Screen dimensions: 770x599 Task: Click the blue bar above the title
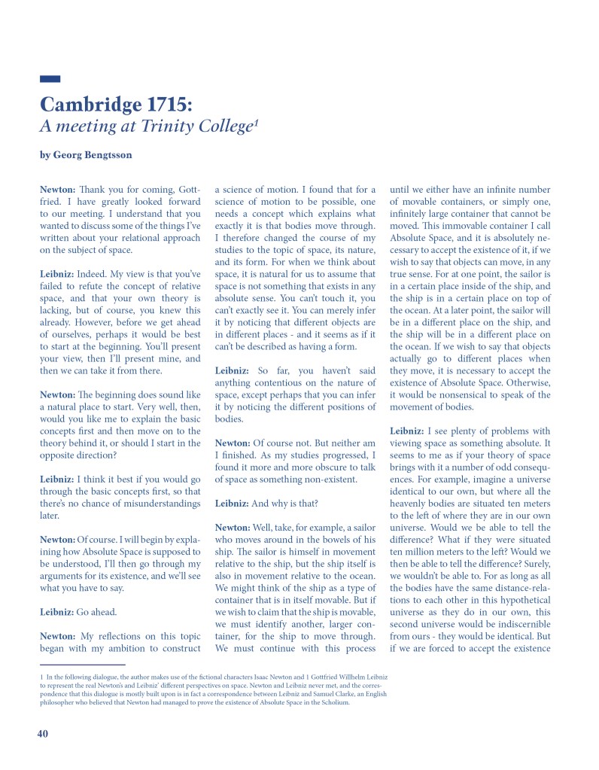50,78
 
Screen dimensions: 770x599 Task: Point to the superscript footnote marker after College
256,120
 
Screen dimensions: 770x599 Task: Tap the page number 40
43,734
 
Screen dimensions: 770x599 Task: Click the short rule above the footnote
82,665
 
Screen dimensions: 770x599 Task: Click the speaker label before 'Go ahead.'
56,612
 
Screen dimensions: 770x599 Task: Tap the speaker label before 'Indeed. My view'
56,274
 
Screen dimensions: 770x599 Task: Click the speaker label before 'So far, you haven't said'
233,370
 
